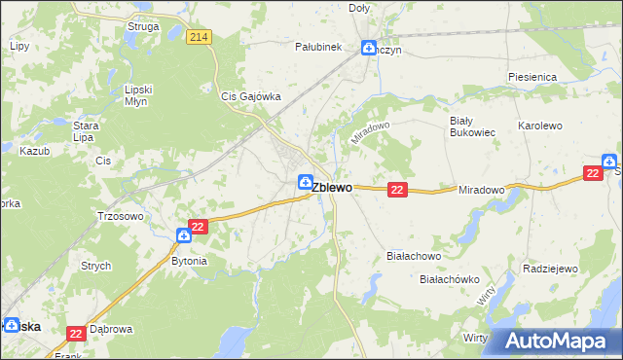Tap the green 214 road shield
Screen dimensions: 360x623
click(x=200, y=37)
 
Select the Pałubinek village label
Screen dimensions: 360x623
click(x=317, y=46)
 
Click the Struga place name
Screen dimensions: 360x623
click(x=143, y=26)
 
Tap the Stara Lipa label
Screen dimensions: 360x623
click(x=89, y=130)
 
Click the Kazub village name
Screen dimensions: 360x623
click(x=33, y=152)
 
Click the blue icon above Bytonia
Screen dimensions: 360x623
click(x=184, y=234)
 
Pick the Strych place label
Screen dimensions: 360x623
click(x=95, y=266)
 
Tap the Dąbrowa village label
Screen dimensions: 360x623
click(x=110, y=329)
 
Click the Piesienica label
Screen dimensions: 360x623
click(x=531, y=76)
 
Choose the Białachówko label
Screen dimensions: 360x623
click(x=450, y=279)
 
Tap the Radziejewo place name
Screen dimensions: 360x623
click(x=551, y=269)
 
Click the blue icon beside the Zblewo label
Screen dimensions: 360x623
click(x=305, y=181)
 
